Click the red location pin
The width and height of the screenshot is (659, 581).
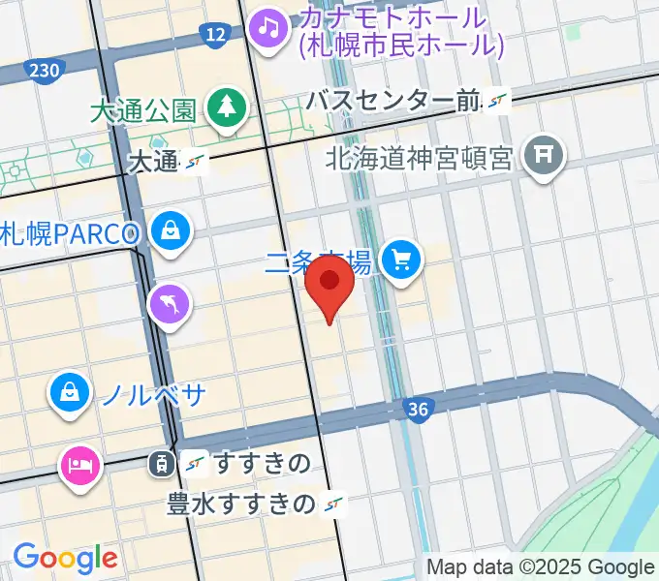click(330, 289)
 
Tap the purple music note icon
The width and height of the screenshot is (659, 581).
click(268, 26)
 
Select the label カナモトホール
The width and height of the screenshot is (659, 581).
click(392, 17)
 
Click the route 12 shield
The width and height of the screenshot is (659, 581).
click(215, 37)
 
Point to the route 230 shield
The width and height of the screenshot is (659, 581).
click(45, 70)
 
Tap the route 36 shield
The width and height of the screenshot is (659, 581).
click(418, 410)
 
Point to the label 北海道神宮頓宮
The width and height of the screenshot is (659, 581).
click(418, 157)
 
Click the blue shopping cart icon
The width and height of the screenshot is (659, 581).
click(400, 259)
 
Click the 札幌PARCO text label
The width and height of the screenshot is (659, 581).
click(74, 233)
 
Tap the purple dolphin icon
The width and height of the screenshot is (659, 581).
click(170, 306)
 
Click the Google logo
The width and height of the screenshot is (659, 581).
click(65, 557)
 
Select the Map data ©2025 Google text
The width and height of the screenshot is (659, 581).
click(540, 566)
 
